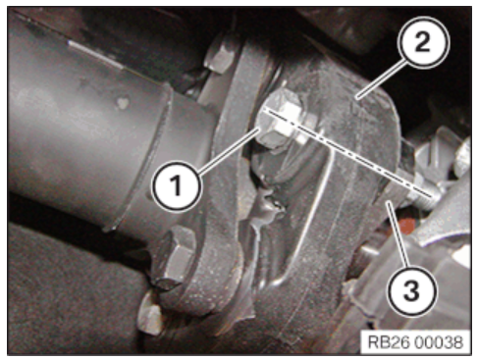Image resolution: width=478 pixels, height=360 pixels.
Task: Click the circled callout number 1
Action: pos(176,185)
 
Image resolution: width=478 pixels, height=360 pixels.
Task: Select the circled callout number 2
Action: pos(423,42)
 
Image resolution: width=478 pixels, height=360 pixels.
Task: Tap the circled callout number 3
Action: pos(412,290)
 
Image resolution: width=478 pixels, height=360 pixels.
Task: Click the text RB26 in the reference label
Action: pos(388,342)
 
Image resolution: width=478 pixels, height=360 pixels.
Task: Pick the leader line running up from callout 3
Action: pos(398,234)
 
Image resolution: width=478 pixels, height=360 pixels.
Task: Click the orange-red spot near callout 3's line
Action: pos(406,225)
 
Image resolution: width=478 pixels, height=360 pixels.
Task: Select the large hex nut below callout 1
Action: pos(175,258)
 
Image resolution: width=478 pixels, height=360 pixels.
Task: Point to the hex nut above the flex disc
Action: pos(219,56)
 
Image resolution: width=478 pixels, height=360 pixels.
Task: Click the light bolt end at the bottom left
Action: pos(150,314)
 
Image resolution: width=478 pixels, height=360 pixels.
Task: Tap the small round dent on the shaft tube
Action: pos(123,103)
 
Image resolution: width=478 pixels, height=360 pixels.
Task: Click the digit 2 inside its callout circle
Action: pos(423,42)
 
